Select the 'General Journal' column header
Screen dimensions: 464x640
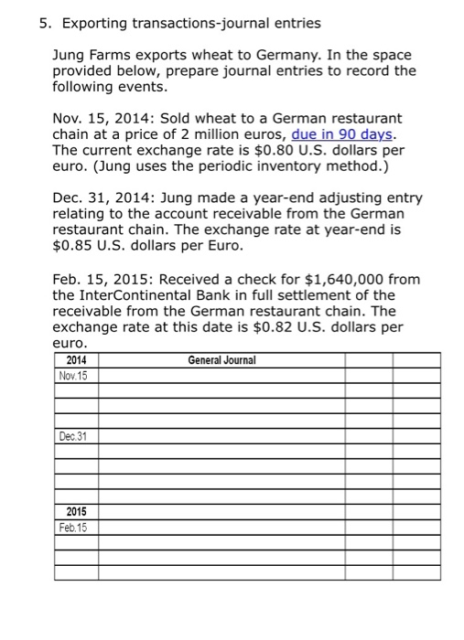(x=222, y=360)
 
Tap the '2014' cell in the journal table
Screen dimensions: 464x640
(x=77, y=360)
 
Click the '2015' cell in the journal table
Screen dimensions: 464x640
(x=77, y=512)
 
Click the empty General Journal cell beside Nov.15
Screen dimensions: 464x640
(x=222, y=375)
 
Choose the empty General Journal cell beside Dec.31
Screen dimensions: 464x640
(x=222, y=436)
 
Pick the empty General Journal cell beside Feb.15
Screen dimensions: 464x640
(x=222, y=528)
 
